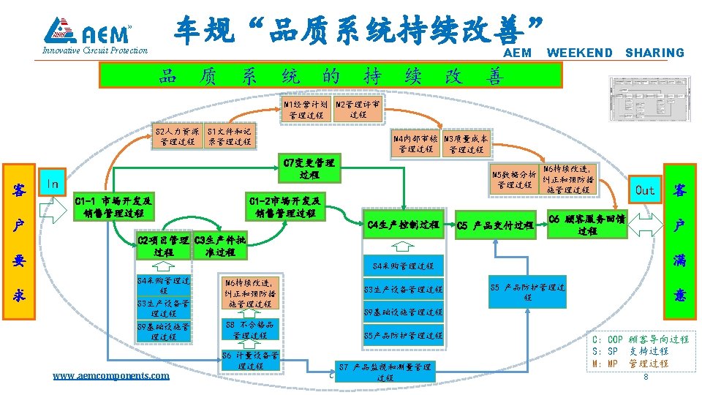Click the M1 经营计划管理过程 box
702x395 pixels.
tap(306, 110)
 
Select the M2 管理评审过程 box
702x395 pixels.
tap(358, 110)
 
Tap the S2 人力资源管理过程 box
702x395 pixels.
tap(177, 136)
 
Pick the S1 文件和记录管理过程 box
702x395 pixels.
tap(230, 136)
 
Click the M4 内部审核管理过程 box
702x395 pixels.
tap(415, 143)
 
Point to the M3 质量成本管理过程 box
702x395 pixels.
tap(467, 143)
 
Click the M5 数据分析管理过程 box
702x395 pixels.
tap(515, 179)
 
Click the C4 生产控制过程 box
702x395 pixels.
tap(404, 225)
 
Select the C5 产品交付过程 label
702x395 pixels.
tap(494, 225)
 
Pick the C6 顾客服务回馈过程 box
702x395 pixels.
tap(587, 225)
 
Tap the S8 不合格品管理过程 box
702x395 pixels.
tap(249, 329)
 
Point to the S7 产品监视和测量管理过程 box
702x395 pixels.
tap(385, 372)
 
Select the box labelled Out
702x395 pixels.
tap(645, 190)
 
